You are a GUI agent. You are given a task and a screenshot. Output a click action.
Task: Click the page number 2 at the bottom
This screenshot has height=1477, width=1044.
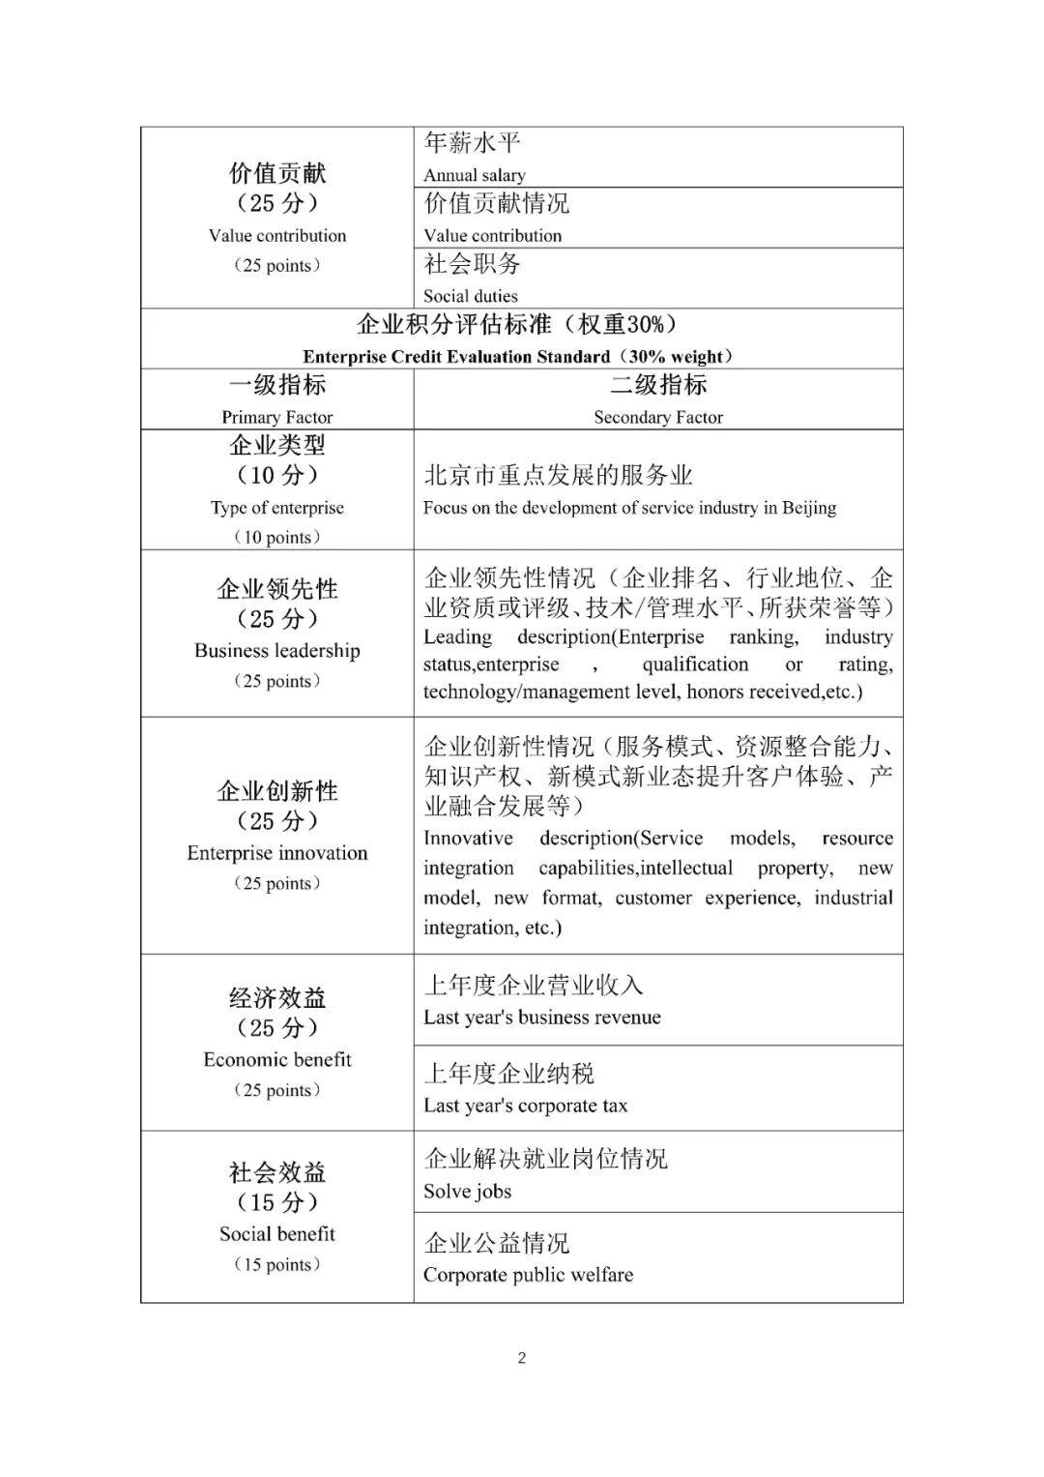click(x=522, y=1358)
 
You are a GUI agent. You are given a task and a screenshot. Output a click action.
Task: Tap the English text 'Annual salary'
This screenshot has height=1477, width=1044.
click(x=475, y=175)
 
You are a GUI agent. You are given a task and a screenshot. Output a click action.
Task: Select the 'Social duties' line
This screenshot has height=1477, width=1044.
click(x=471, y=296)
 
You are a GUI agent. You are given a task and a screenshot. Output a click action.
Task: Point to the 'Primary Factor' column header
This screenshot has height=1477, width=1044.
click(x=277, y=417)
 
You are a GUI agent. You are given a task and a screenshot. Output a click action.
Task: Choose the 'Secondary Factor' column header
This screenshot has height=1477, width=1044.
click(x=658, y=417)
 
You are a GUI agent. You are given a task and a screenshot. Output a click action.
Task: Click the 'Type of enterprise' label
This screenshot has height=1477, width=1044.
click(x=277, y=508)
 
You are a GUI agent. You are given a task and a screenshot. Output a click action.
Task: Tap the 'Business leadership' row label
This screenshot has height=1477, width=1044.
click(x=277, y=651)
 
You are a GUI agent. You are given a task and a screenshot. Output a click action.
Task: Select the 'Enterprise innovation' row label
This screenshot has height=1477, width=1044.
click(x=277, y=853)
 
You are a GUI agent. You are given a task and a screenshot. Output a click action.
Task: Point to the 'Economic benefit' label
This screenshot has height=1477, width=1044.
click(x=277, y=1060)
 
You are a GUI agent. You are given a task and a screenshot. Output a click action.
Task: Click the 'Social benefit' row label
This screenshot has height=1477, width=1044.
click(x=277, y=1234)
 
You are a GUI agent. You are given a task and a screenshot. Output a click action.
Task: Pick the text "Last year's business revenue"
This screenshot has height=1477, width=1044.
click(x=542, y=1018)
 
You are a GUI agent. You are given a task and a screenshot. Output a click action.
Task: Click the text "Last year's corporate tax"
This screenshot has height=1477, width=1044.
click(x=526, y=1106)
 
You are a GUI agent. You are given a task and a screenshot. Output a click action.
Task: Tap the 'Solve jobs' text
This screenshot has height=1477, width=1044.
click(x=468, y=1192)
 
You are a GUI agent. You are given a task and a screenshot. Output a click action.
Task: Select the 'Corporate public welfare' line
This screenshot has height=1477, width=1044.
click(x=529, y=1275)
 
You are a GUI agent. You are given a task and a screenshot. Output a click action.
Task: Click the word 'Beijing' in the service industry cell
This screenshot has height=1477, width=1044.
click(x=809, y=508)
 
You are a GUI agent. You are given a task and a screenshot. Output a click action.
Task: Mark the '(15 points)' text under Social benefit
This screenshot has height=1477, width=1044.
click(x=277, y=1265)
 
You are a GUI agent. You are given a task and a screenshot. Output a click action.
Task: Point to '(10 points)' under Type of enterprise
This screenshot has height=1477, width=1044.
click(x=277, y=538)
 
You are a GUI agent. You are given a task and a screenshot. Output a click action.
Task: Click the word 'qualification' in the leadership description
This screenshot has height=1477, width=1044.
click(x=695, y=665)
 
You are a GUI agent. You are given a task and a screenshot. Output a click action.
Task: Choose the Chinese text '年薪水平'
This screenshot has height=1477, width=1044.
click(x=473, y=143)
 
